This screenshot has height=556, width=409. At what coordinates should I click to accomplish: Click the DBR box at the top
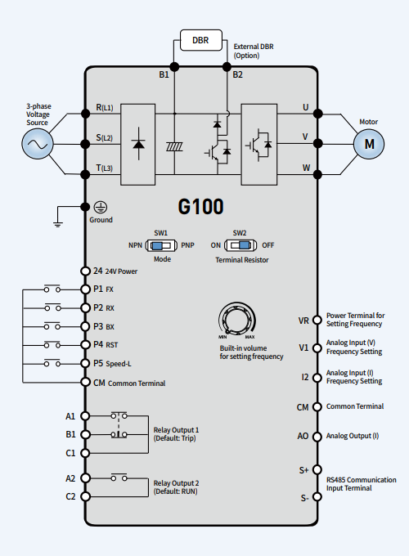[201, 40]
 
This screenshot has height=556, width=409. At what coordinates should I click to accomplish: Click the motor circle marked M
[369, 144]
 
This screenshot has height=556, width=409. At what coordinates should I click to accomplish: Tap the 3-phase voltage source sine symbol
[38, 144]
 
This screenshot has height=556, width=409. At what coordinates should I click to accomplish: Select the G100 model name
[200, 206]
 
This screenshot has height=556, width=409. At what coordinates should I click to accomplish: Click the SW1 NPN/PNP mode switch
[161, 245]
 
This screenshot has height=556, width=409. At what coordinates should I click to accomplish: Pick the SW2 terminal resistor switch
[240, 245]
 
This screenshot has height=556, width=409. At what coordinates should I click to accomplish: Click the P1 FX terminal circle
[85, 289]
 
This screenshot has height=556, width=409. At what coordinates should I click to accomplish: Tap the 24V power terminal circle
[85, 271]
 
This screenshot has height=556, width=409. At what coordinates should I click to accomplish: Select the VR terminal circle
[317, 321]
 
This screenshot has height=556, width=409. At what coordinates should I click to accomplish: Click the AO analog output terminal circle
[317, 437]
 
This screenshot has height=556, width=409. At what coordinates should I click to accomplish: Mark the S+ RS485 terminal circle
[317, 469]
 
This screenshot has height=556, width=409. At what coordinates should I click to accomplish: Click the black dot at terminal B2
[227, 67]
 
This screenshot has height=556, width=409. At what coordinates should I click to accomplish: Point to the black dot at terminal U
[318, 114]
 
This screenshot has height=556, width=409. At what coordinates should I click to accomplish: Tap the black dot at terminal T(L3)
[85, 174]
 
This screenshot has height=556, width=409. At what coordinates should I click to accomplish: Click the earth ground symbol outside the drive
[58, 223]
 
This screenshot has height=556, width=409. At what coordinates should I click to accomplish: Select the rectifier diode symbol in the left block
[138, 143]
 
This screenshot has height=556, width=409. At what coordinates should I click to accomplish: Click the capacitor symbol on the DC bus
[174, 146]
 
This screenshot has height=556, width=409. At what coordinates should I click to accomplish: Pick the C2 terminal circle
[85, 496]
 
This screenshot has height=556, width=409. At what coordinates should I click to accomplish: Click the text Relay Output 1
[176, 430]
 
